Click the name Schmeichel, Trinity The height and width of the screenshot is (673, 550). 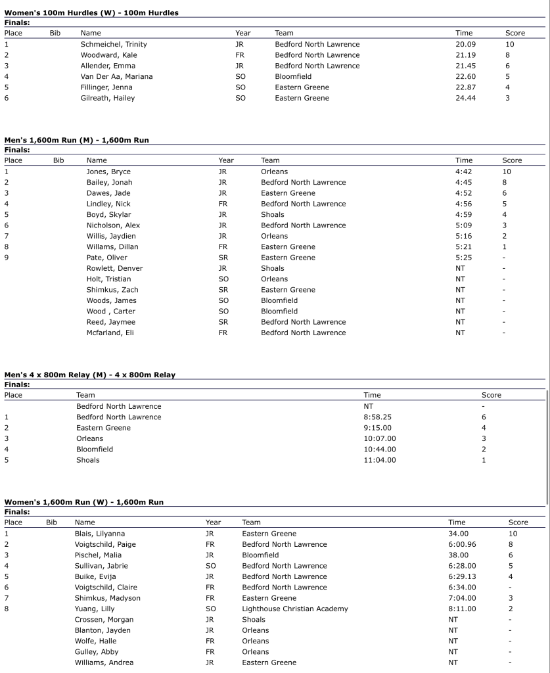coord(113,44)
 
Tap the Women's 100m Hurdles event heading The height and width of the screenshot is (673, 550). coord(91,12)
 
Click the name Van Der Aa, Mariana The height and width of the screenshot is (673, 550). coord(116,76)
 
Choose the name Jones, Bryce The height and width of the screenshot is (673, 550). coord(108,172)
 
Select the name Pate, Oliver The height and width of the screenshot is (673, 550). coord(107,258)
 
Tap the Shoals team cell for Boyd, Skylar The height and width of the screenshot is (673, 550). coord(273,214)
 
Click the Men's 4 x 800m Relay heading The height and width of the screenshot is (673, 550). coord(90,375)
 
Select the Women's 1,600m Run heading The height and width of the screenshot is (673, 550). coord(84,502)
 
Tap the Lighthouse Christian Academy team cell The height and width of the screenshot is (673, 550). coord(295,609)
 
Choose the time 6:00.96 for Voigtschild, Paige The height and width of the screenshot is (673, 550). coord(462,544)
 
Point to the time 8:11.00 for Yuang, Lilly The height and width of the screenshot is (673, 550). coord(462,609)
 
